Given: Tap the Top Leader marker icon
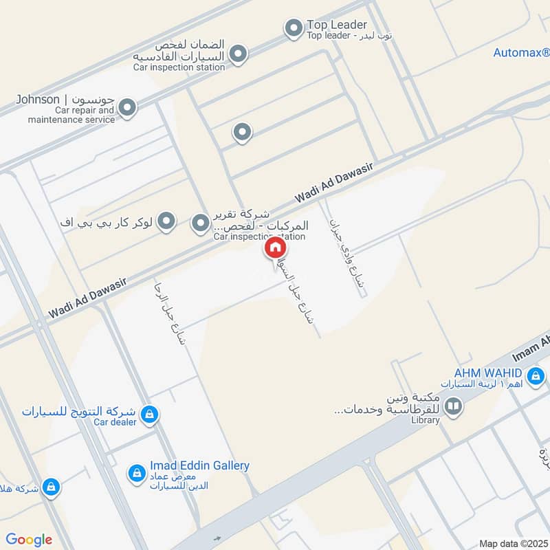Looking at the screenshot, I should (x=294, y=28).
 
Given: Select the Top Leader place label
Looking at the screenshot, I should (x=337, y=25).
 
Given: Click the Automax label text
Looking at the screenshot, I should (x=521, y=53).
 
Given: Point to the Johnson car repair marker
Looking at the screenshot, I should (x=126, y=107).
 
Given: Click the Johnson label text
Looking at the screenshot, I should (x=38, y=100).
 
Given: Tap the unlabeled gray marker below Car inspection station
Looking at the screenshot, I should (x=241, y=132).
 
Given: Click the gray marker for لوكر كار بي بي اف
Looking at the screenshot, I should (x=166, y=221).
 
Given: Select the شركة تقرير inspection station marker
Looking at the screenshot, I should (x=199, y=223).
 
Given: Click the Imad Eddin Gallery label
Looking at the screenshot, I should (x=199, y=465).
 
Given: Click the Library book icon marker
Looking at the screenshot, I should (x=453, y=407).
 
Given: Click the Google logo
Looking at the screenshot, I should (x=29, y=540).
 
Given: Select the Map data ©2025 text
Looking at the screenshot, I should (x=512, y=543).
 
